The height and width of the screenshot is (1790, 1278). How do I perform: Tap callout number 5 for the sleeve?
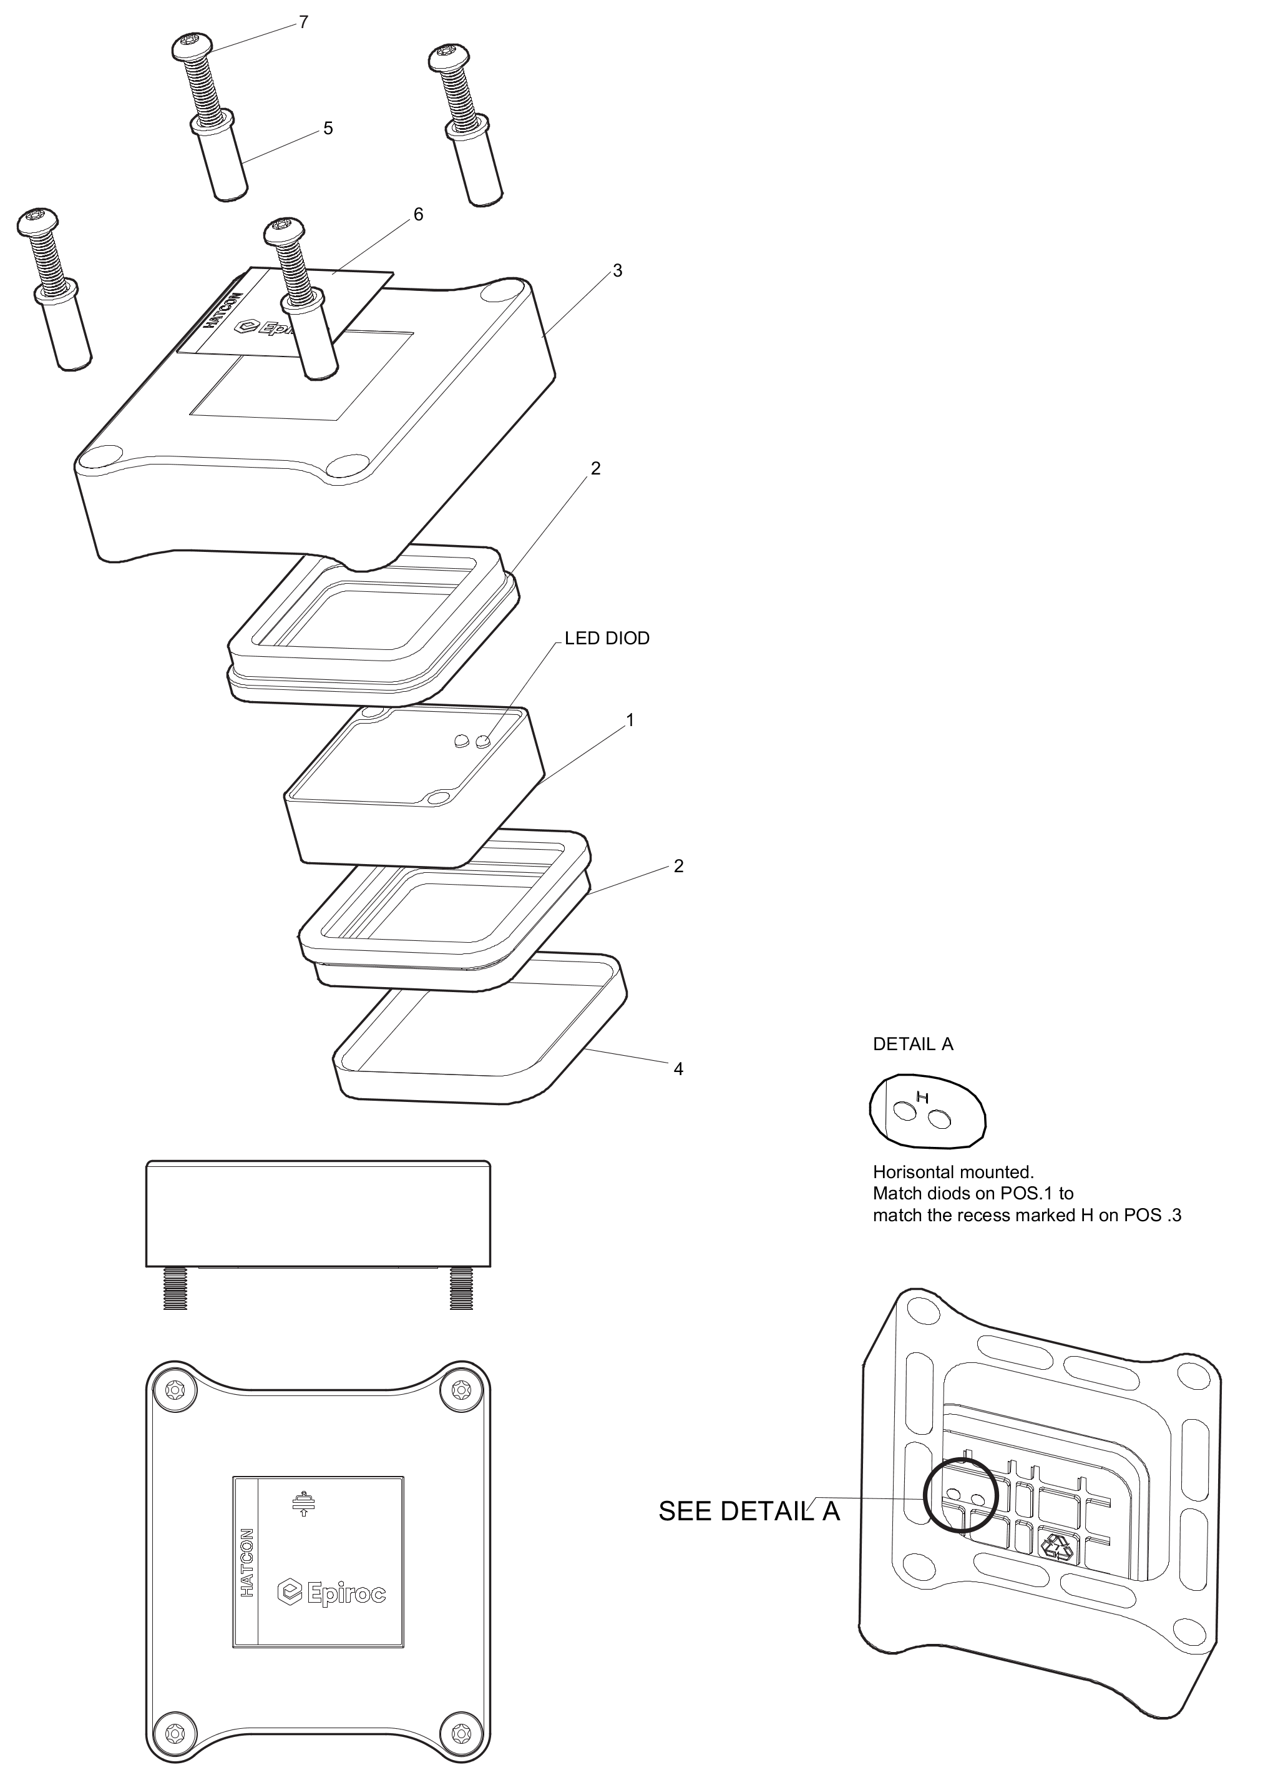(328, 129)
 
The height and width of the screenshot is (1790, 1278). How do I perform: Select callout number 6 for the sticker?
(419, 214)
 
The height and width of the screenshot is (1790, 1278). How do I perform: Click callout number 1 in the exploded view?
(630, 719)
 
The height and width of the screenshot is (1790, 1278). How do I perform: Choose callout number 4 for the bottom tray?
(678, 1069)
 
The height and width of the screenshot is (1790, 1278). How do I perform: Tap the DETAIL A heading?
(913, 1045)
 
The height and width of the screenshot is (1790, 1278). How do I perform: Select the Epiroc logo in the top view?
(332, 1594)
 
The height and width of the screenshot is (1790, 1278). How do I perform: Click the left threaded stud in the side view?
(175, 1289)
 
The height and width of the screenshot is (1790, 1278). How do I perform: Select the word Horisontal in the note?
(914, 1172)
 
